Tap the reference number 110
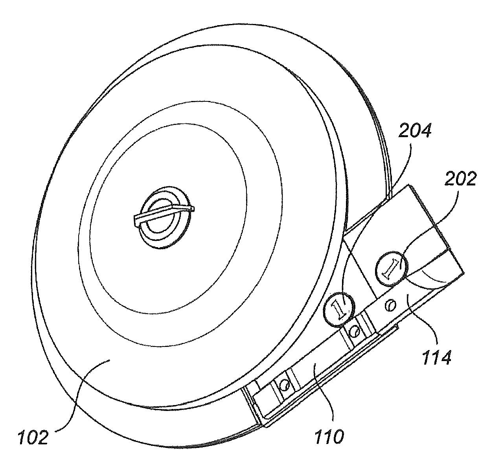(x=329, y=436)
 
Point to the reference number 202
(x=460, y=178)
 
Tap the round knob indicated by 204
(x=339, y=309)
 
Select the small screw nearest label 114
(x=391, y=306)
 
